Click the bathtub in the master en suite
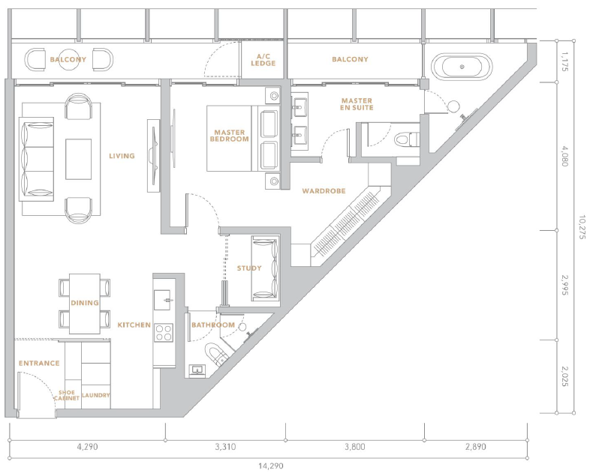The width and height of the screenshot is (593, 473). [x=462, y=67]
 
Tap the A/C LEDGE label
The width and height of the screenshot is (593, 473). [x=263, y=60]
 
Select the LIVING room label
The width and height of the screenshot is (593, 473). [x=122, y=156]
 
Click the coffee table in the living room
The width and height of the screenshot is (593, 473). [x=78, y=159]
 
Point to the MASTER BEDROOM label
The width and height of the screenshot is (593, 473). [x=230, y=136]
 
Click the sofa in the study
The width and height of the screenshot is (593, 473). [x=265, y=268]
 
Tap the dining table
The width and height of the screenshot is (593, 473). [x=85, y=304]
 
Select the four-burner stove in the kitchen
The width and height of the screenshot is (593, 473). [x=164, y=333]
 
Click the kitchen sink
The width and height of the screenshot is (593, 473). [x=164, y=300]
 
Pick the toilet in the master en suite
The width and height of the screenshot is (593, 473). [x=406, y=139]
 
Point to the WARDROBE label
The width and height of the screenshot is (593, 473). [x=324, y=191]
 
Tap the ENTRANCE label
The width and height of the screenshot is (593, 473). [x=39, y=363]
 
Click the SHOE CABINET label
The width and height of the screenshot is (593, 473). [x=67, y=395]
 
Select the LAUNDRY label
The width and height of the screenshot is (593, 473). [x=95, y=395]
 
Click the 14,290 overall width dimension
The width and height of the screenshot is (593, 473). [x=271, y=466]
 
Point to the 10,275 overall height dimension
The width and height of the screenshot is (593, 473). [x=582, y=227]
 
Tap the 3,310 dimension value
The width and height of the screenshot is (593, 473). [x=225, y=447]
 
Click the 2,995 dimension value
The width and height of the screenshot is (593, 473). [x=564, y=285]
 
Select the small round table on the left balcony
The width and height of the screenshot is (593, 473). [x=68, y=59]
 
